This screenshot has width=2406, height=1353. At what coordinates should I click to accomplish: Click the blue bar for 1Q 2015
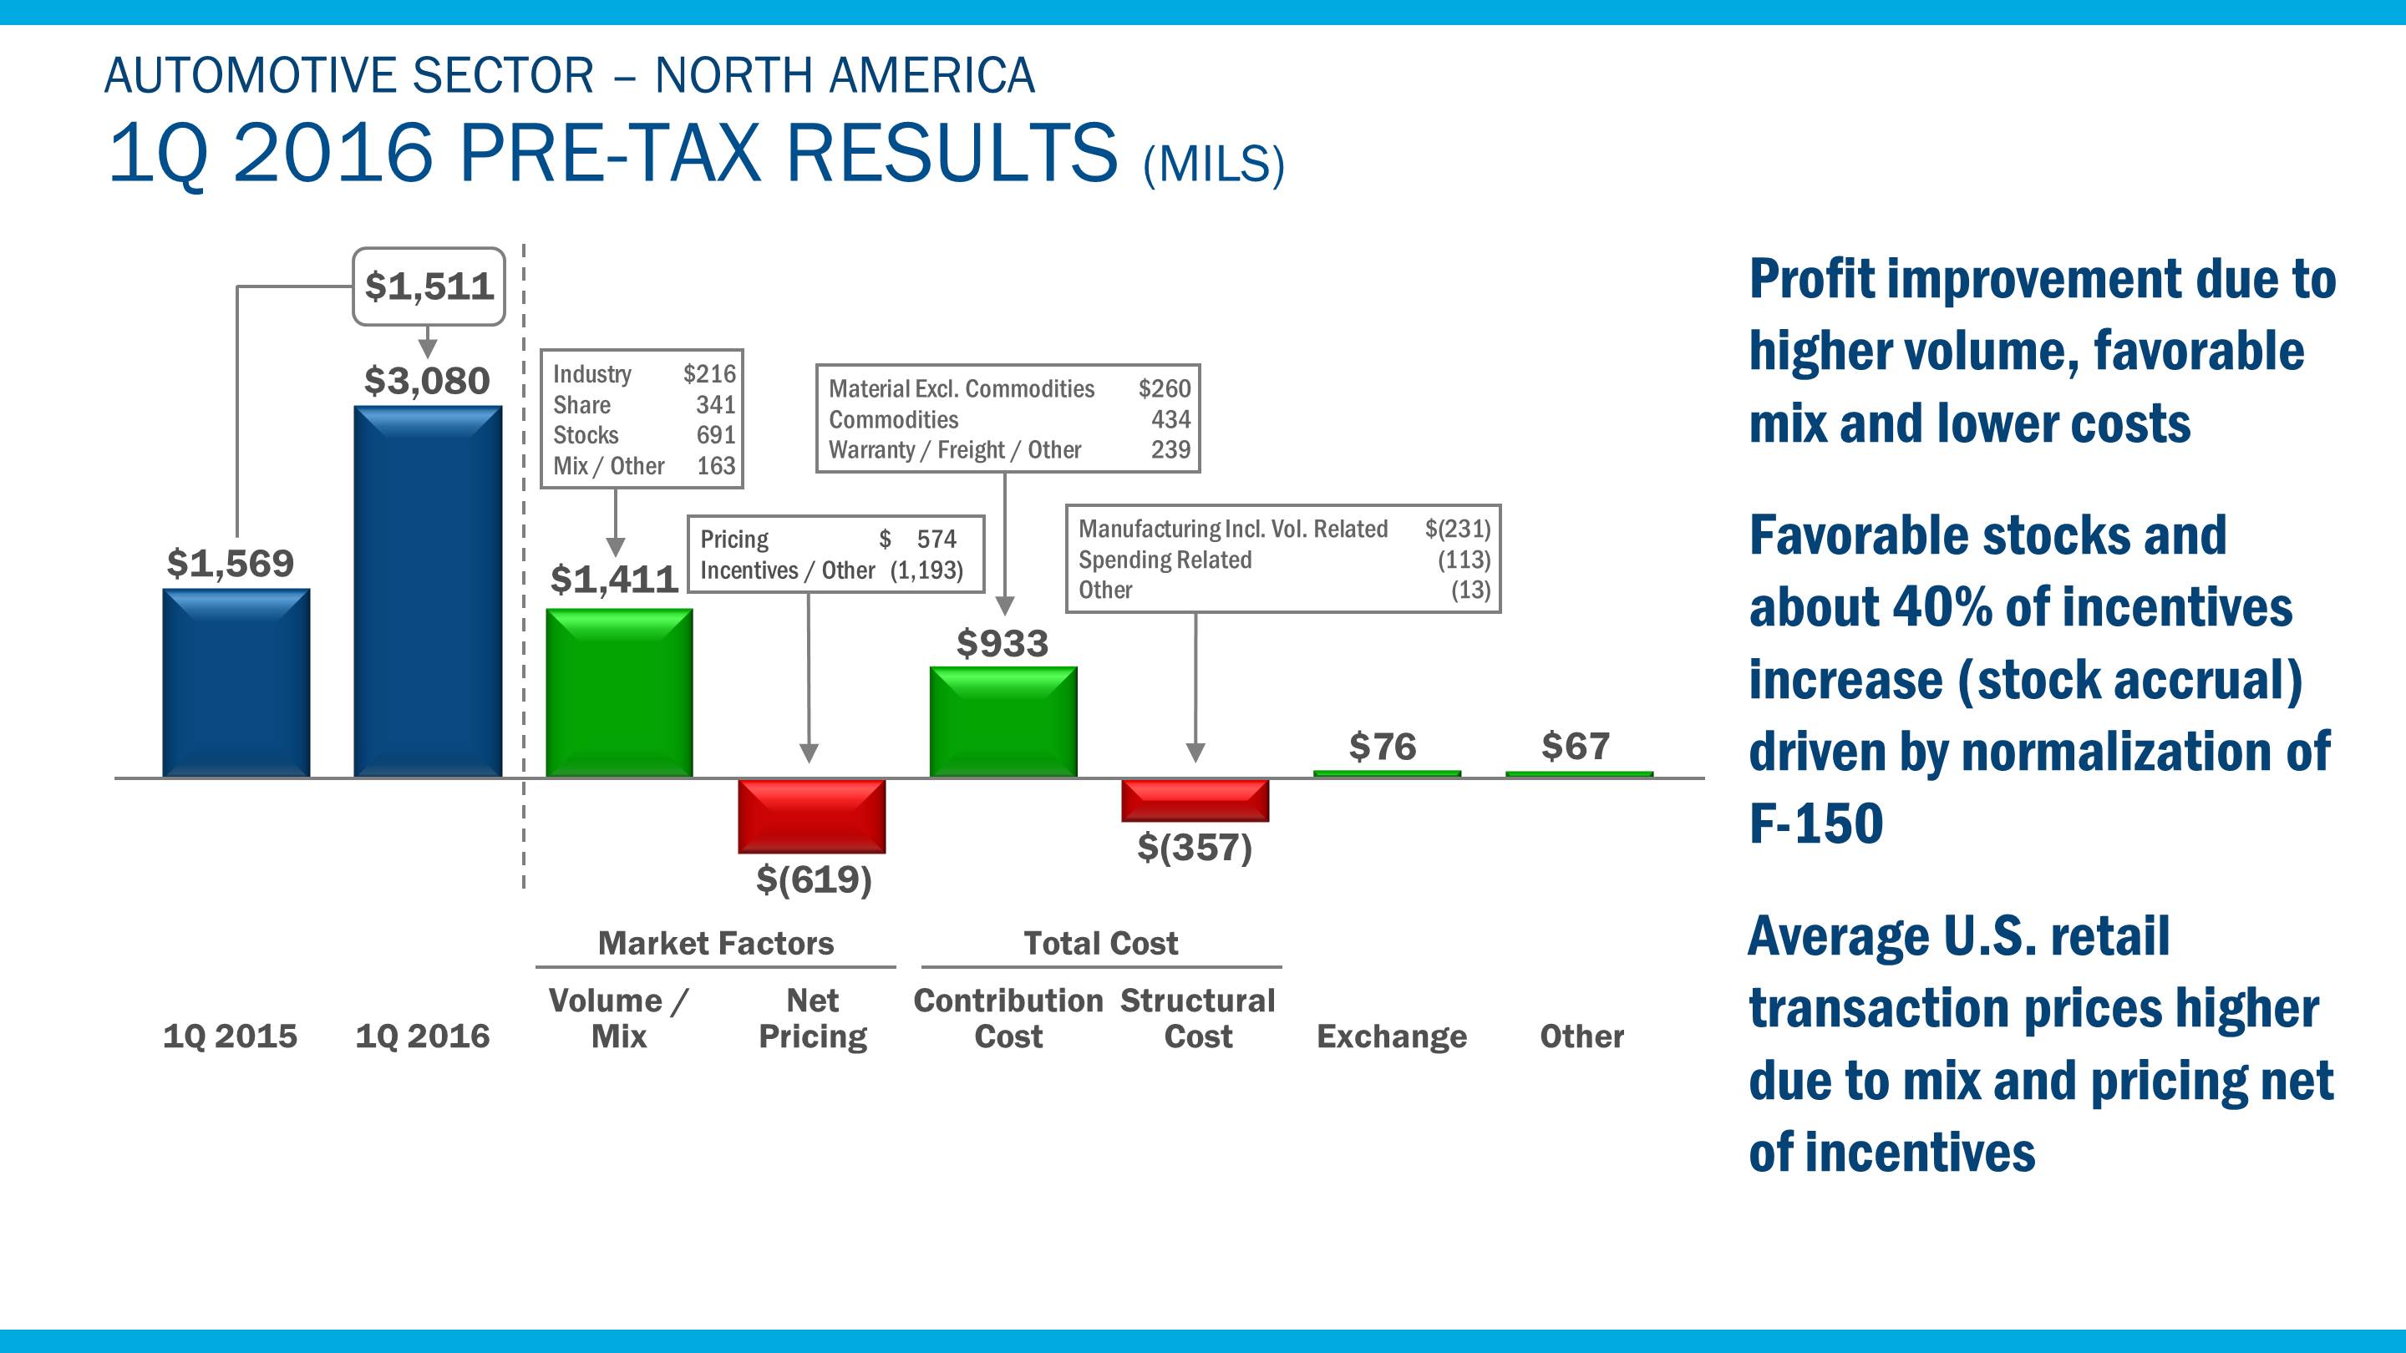pyautogui.click(x=236, y=682)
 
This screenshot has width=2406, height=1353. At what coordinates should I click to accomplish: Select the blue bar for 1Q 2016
pyautogui.click(x=427, y=591)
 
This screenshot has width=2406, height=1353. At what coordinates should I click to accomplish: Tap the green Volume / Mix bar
pyautogui.click(x=619, y=693)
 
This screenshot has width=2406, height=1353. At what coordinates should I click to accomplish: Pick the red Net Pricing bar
pyautogui.click(x=810, y=816)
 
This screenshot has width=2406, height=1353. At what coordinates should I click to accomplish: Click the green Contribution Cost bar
pyautogui.click(x=1003, y=722)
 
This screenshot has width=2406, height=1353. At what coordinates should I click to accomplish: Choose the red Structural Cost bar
pyautogui.click(x=1195, y=801)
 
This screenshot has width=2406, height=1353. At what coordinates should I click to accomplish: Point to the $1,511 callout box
pyautogui.click(x=429, y=286)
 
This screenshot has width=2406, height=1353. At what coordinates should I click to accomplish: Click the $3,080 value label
pyautogui.click(x=427, y=381)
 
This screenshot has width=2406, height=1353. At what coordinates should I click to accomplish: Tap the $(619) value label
pyautogui.click(x=814, y=879)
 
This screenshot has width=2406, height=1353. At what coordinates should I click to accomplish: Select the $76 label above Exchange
pyautogui.click(x=1383, y=747)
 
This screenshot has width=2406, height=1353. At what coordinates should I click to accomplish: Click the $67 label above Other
pyautogui.click(x=1575, y=746)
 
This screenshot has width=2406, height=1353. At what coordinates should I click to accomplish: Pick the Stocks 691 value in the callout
pyautogui.click(x=715, y=435)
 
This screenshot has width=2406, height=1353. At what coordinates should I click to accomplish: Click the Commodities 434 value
pyautogui.click(x=1170, y=419)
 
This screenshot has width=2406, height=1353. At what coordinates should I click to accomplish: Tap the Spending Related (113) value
pyautogui.click(x=1464, y=560)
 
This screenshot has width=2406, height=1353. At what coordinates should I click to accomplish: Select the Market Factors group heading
pyautogui.click(x=715, y=943)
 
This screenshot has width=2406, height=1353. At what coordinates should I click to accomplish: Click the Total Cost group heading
pyautogui.click(x=1100, y=943)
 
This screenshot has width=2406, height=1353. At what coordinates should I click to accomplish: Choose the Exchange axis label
pyautogui.click(x=1392, y=1036)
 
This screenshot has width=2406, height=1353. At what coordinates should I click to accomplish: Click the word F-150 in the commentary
pyautogui.click(x=1815, y=823)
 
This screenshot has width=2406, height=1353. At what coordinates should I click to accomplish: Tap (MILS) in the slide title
pyautogui.click(x=1213, y=165)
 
